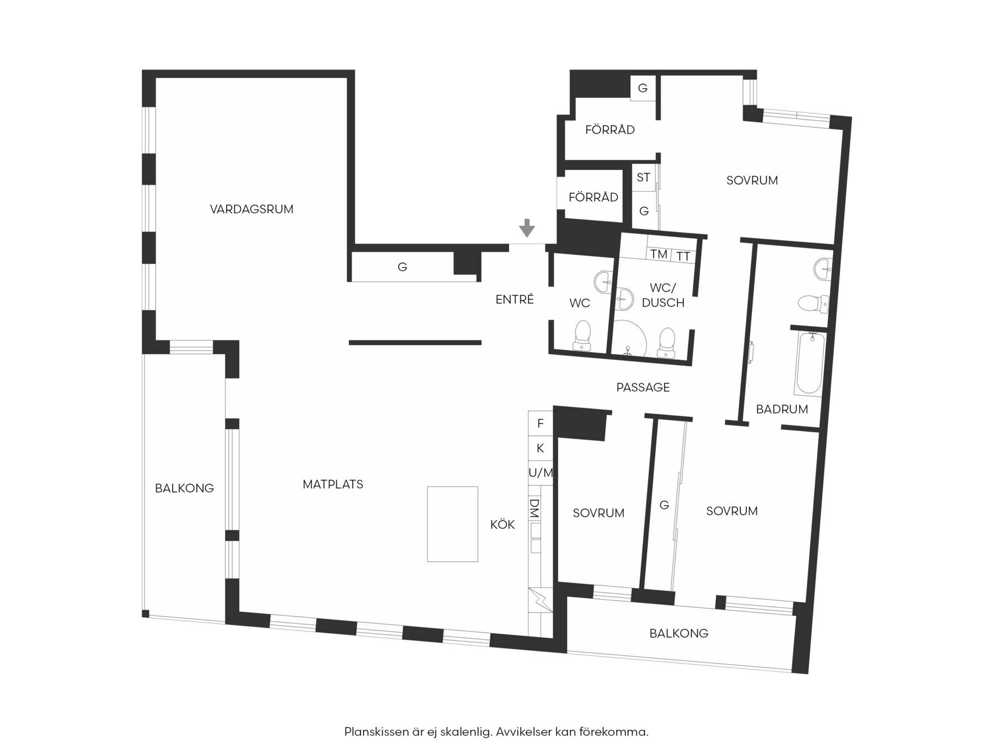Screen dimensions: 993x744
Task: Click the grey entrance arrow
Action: click(527, 228)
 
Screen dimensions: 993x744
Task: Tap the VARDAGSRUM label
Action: click(252, 209)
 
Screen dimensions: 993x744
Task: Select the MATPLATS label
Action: click(333, 484)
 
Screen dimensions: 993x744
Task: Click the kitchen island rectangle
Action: click(452, 524)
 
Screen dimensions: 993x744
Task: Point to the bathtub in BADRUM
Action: click(810, 363)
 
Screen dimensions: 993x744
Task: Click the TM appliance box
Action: click(659, 254)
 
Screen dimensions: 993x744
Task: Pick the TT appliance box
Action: click(683, 256)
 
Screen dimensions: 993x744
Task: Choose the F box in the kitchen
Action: click(541, 423)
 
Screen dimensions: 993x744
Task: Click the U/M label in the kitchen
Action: click(541, 473)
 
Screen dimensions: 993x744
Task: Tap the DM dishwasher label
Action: click(534, 508)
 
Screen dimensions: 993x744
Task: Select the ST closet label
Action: click(643, 177)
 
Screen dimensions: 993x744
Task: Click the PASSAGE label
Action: click(643, 387)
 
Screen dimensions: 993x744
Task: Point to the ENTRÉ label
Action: click(515, 299)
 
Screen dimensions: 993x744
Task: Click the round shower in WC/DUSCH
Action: click(629, 337)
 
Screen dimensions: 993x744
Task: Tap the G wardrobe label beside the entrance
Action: click(403, 267)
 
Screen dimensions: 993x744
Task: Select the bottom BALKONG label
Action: click(679, 634)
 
